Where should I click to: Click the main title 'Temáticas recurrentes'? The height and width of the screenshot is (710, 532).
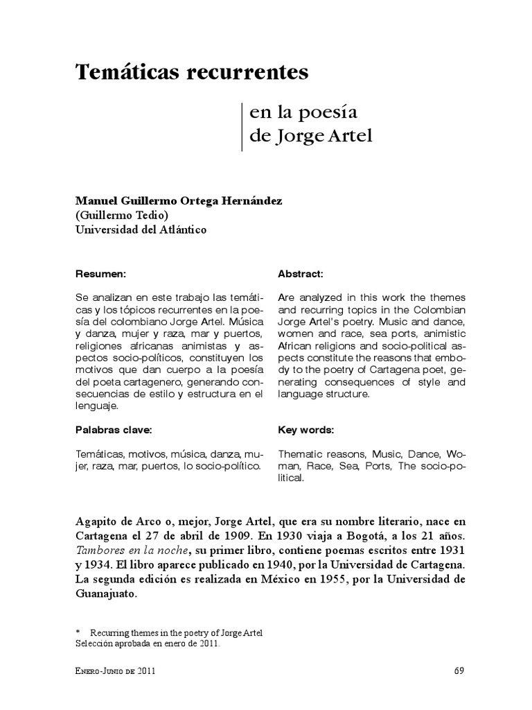[x=191, y=72]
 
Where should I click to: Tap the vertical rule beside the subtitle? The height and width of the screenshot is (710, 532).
[x=242, y=126]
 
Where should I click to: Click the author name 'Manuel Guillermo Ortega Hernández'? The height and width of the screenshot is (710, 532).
[x=179, y=200]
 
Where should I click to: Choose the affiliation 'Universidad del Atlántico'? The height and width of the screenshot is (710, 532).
[x=141, y=230]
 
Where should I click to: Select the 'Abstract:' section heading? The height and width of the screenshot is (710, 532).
[x=301, y=274]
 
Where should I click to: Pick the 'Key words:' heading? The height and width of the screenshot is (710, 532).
[x=305, y=430]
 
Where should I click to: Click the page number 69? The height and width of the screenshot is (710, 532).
[x=459, y=670]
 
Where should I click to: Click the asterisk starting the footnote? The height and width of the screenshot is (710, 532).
[x=79, y=633]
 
